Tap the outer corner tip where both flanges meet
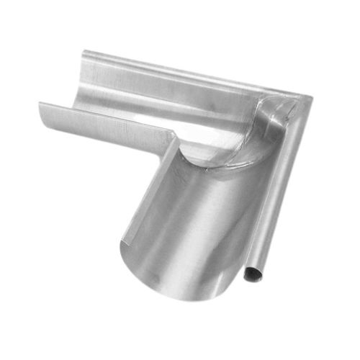point(311,98)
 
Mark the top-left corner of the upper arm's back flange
point(84,51)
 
